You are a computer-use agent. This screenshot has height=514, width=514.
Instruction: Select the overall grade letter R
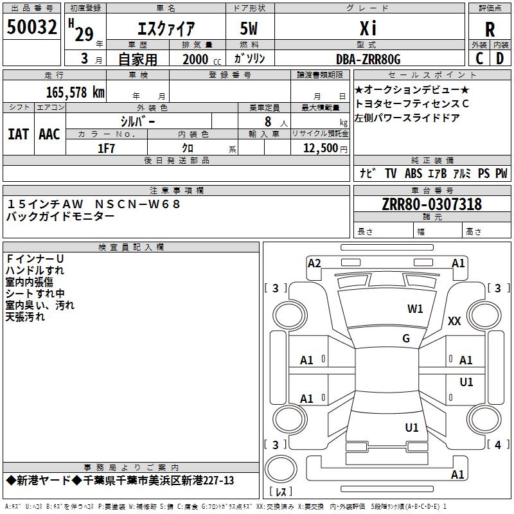(x=490, y=30)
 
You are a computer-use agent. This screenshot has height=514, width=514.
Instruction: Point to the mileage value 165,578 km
(x=75, y=92)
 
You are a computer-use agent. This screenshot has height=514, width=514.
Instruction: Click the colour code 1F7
(x=106, y=148)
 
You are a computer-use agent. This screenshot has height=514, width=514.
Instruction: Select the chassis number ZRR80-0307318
(x=431, y=204)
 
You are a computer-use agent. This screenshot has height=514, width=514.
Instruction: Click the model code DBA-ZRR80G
(x=368, y=59)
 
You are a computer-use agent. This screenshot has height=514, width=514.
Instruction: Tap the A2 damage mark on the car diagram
(x=314, y=263)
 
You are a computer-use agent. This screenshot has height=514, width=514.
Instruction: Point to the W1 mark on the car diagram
(x=415, y=309)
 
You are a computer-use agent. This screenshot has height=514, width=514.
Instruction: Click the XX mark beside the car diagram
(x=454, y=321)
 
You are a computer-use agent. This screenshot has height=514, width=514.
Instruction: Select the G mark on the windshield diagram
(x=405, y=339)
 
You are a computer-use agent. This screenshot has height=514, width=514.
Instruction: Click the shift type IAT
(x=18, y=134)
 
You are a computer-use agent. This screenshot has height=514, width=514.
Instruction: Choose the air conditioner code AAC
(x=49, y=134)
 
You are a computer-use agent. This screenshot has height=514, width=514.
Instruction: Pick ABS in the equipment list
(x=414, y=173)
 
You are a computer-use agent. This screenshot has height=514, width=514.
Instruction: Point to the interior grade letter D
(x=500, y=58)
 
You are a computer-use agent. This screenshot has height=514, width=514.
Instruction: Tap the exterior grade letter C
(x=479, y=58)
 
